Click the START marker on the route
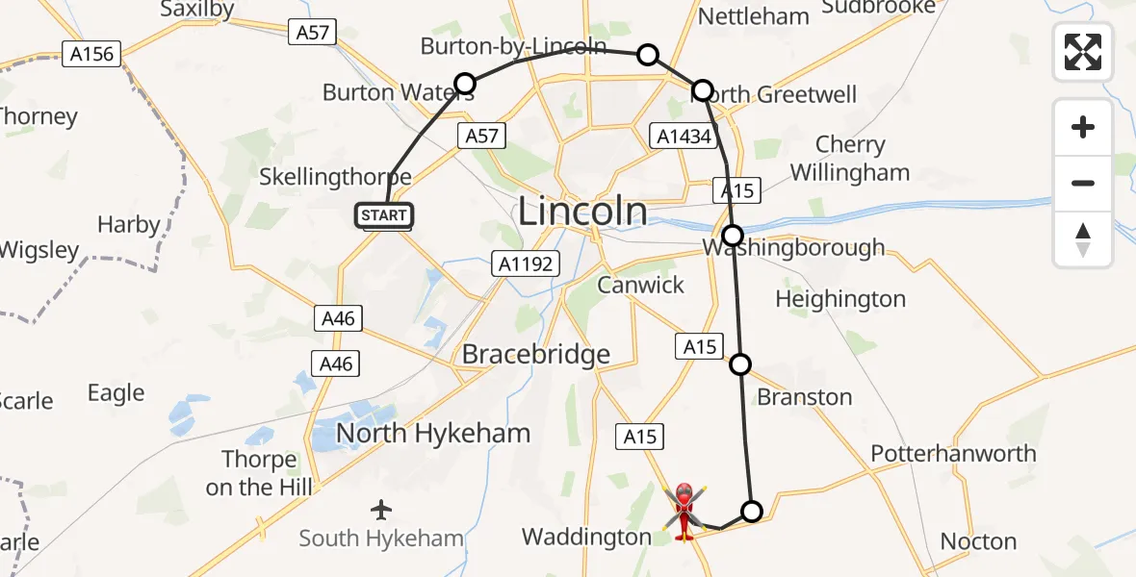tap(385, 215)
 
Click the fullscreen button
tap(1083, 51)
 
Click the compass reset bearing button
tap(1083, 239)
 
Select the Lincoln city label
tap(582, 212)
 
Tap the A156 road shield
tap(91, 54)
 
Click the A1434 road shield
tap(684, 137)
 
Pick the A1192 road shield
tap(526, 263)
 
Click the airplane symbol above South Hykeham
tap(382, 508)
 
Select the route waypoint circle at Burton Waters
tap(465, 84)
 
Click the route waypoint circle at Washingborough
tap(733, 235)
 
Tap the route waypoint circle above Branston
tap(740, 364)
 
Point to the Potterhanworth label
tap(953, 453)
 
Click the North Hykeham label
tap(432, 434)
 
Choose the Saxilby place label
tap(196, 9)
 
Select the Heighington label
tap(839, 299)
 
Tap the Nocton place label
tap(978, 541)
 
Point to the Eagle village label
tap(116, 392)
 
